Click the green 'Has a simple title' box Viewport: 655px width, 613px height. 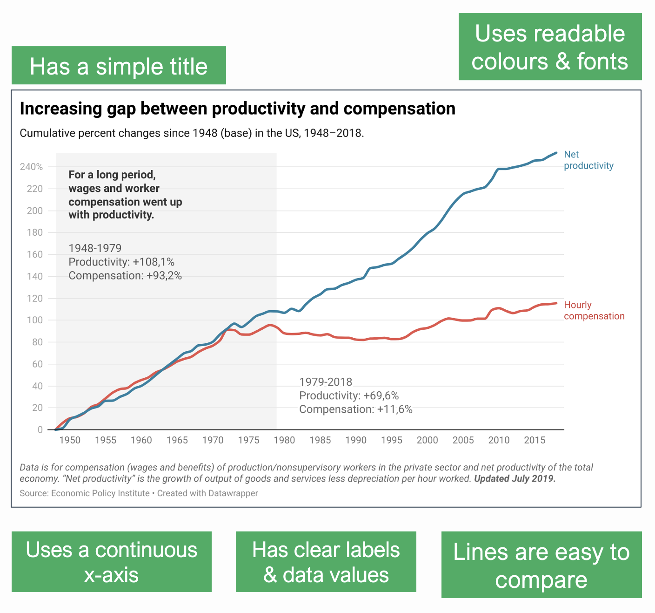pos(119,66)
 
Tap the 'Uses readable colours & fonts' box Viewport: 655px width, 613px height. pos(550,47)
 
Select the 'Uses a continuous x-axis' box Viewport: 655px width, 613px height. pos(112,562)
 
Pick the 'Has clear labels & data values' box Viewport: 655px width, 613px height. pos(326,562)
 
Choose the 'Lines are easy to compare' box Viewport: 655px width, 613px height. pos(541,565)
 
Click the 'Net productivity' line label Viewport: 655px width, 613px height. pos(588,160)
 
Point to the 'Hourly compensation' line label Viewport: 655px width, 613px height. pos(594,311)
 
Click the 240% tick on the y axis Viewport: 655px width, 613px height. pos(31,167)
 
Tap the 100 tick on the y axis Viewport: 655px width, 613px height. pos(35,320)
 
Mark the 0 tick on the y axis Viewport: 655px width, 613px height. pos(40,429)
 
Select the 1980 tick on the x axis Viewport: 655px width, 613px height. pos(284,440)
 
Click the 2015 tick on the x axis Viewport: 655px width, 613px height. pos(535,440)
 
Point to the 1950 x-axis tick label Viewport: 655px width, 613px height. pos(70,440)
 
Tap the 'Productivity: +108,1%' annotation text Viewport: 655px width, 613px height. pos(121,262)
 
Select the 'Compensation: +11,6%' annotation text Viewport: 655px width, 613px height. pos(355,409)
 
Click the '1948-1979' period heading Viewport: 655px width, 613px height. pos(95,248)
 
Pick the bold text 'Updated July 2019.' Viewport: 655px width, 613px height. pos(515,478)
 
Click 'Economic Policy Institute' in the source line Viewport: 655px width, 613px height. pos(100,493)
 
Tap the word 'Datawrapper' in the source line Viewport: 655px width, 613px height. pos(233,493)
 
